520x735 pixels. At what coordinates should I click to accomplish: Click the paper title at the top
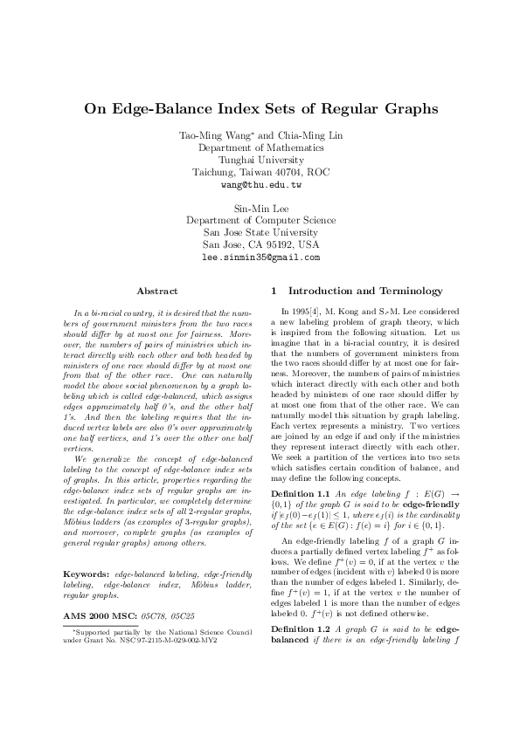pos(260,110)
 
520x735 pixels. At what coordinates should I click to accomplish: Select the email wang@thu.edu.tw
pos(260,186)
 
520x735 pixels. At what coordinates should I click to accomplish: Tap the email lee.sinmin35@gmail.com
pos(260,258)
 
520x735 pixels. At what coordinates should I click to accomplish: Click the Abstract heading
pos(158,291)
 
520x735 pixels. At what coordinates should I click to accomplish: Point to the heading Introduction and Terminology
pos(365,291)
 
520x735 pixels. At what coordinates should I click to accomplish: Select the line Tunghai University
pos(260,161)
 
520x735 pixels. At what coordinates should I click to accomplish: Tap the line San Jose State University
pos(260,234)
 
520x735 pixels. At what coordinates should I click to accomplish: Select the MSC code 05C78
pos(153,617)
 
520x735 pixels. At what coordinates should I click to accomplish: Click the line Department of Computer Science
pos(260,222)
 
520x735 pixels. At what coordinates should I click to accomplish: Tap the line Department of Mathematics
pos(260,148)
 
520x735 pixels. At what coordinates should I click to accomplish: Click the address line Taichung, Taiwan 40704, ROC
pos(260,173)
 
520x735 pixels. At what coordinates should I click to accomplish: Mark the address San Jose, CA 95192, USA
pos(260,246)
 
